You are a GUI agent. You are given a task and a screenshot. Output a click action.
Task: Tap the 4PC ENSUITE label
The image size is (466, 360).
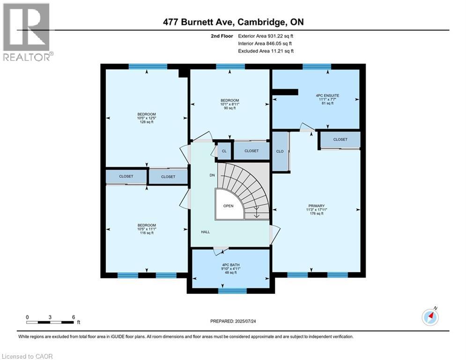(327, 96)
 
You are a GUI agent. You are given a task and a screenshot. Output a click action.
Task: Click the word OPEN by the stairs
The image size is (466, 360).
(228, 206)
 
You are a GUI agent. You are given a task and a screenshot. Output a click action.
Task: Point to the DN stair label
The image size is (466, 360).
(212, 175)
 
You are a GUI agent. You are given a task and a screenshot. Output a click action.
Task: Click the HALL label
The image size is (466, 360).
(206, 232)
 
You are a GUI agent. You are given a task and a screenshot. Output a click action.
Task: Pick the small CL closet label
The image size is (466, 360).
(224, 151)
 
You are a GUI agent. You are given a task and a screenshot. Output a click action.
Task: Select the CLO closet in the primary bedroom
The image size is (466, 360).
(280, 151)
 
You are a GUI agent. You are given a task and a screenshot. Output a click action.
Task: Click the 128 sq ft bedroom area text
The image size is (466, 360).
(146, 122)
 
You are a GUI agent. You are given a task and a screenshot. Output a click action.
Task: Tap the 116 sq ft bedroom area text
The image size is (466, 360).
(146, 232)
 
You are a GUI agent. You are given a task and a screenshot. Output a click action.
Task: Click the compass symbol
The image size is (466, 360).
(429, 317)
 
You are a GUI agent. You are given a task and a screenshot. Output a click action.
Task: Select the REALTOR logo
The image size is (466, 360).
(27, 32)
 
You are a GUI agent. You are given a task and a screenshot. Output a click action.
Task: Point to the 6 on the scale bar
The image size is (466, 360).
(74, 317)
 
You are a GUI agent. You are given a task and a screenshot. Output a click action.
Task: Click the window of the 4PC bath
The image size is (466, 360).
(232, 291)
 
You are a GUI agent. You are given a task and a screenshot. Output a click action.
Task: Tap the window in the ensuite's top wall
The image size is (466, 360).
(317, 67)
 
